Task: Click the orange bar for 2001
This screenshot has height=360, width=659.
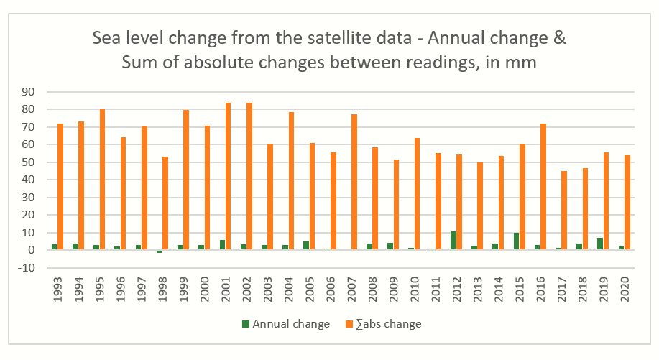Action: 229,177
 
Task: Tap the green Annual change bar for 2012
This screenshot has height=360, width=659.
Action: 453,241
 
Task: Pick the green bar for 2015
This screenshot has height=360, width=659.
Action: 516,241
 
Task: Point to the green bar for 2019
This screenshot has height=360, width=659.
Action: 600,244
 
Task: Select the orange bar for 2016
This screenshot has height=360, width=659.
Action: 543,187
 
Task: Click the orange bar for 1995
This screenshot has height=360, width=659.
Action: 103,180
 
